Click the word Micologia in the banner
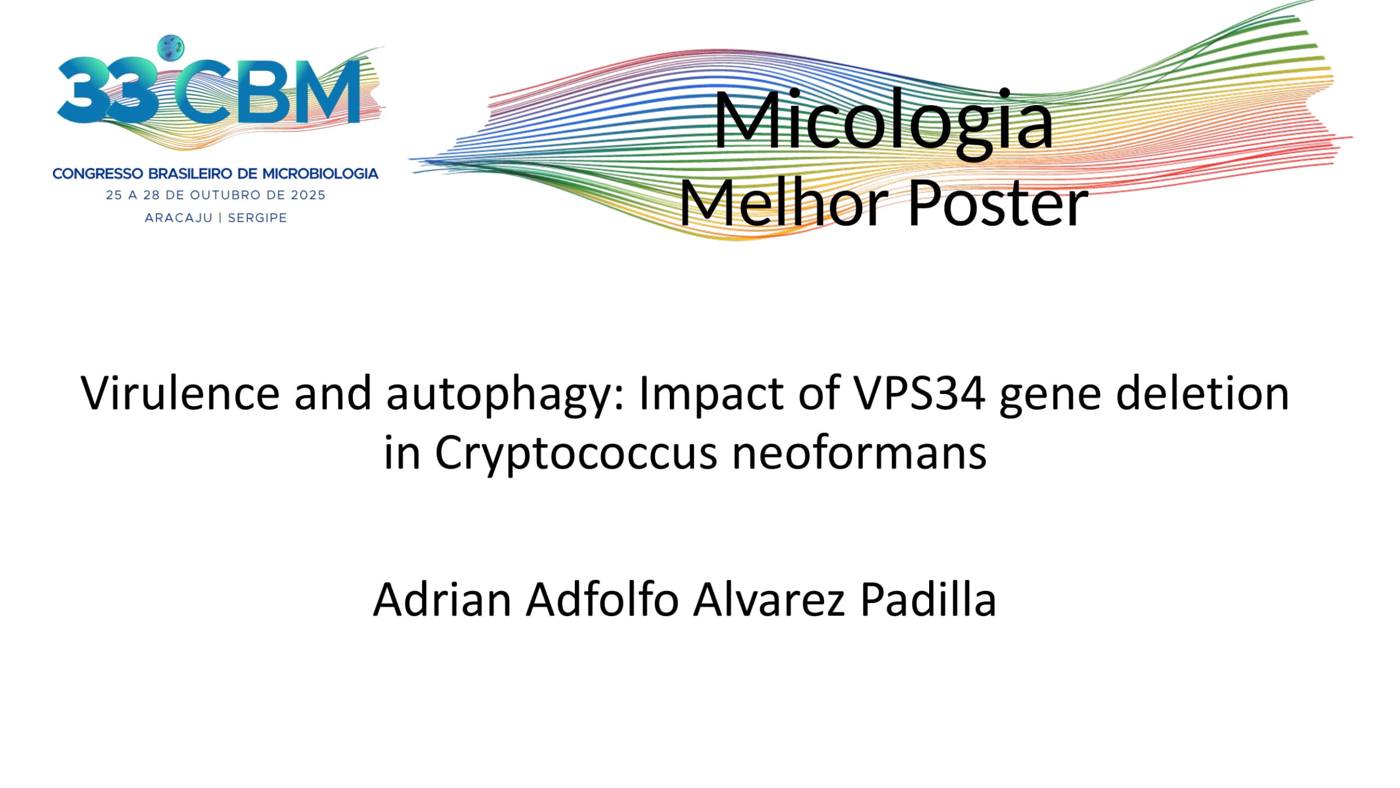click(x=884, y=122)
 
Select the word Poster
click(x=997, y=204)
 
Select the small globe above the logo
click(x=171, y=48)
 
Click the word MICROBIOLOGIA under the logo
click(x=320, y=174)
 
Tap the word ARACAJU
click(x=178, y=218)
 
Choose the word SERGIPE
click(x=257, y=218)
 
